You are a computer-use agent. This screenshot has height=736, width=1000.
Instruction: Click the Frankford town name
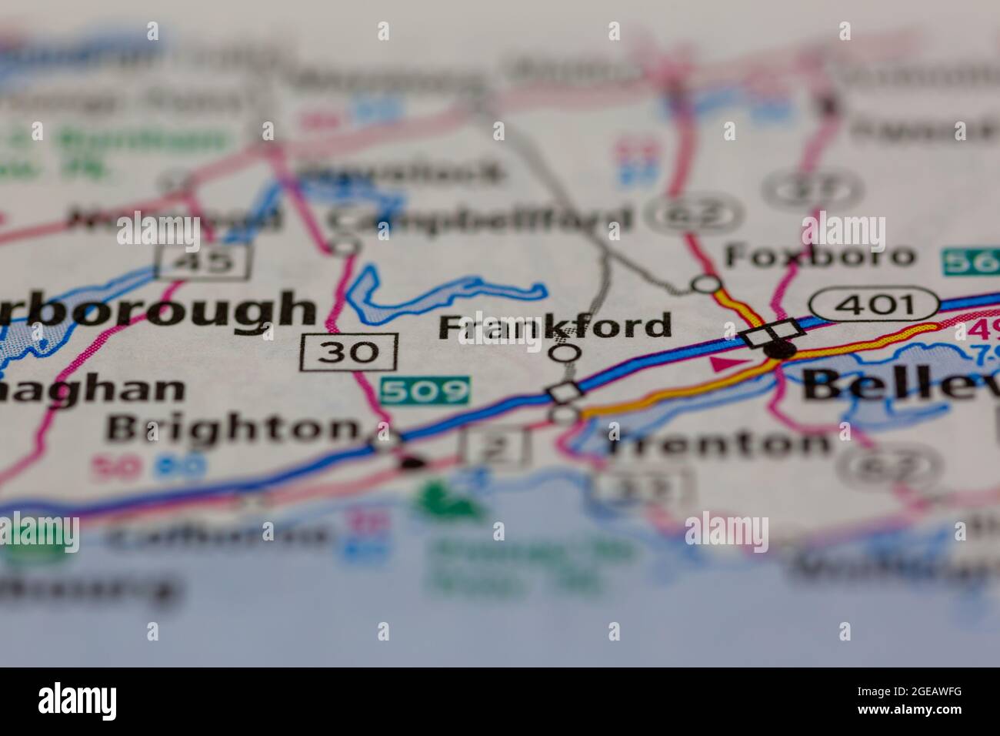point(555,326)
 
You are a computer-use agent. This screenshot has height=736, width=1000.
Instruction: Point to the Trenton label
point(718,443)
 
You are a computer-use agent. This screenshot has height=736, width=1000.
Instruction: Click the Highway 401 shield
point(877,305)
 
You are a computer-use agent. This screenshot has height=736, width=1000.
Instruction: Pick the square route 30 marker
point(349,351)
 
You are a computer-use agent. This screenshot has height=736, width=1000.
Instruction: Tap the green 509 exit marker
point(425,390)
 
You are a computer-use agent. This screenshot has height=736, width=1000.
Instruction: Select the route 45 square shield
point(203,262)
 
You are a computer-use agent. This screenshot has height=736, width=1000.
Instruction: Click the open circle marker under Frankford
point(566,353)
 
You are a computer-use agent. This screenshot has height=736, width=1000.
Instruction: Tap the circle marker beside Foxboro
point(705,283)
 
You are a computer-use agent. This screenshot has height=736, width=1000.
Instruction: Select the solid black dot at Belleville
point(780,350)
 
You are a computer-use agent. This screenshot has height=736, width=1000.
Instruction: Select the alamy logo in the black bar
point(78,701)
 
